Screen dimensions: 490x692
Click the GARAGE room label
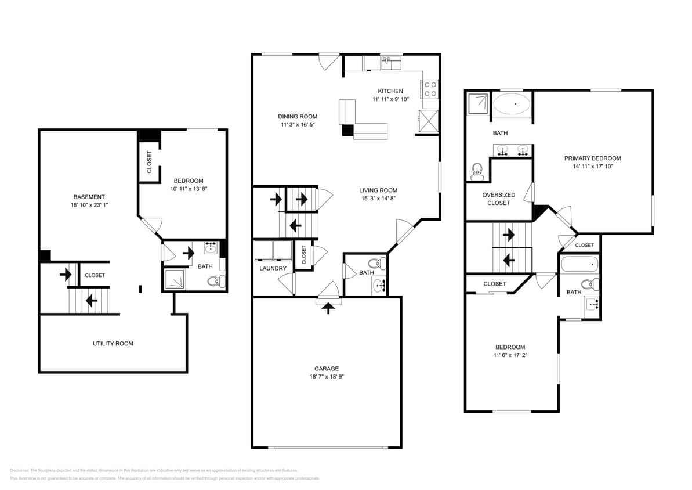point(326,368)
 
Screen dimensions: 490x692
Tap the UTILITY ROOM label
point(113,343)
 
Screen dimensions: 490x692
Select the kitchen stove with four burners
point(430,89)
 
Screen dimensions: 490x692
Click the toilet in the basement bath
point(215,282)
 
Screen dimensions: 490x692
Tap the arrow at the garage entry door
point(328,307)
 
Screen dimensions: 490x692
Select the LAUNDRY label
point(273,268)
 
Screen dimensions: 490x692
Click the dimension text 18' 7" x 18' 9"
point(326,377)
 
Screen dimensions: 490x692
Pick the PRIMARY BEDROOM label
point(592,158)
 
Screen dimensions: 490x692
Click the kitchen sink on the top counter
point(392,62)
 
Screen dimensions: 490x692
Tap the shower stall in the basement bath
point(175,279)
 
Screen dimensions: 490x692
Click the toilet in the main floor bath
point(376,263)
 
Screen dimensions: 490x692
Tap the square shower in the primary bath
point(479,103)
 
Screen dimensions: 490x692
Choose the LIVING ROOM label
point(378,190)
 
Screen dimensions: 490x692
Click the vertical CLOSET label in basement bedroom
point(149,162)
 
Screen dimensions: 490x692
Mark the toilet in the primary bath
point(477,170)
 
